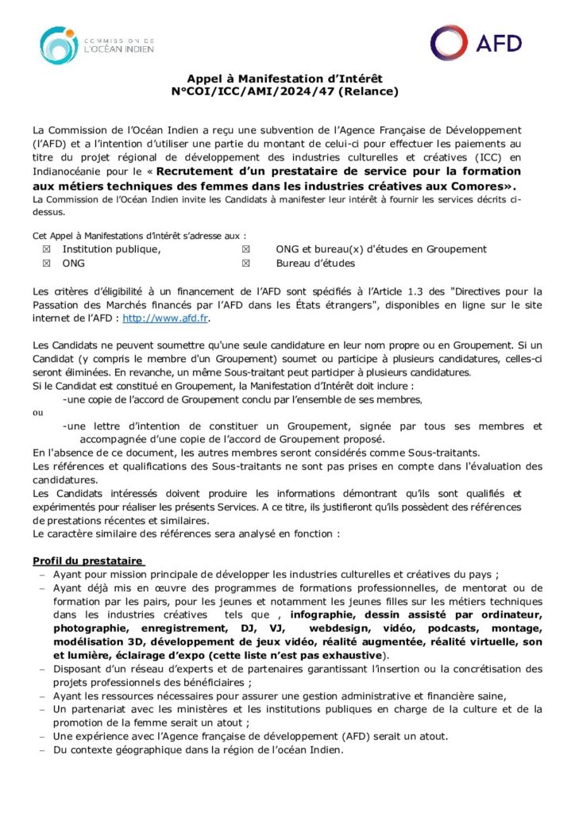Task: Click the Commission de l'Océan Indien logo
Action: [97, 45]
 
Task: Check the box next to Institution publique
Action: [45, 249]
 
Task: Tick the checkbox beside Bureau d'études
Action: [246, 263]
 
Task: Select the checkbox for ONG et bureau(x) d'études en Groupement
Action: [246, 249]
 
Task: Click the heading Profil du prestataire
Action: [87, 561]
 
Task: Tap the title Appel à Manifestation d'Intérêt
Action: [284, 78]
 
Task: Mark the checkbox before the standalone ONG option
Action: [45, 263]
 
